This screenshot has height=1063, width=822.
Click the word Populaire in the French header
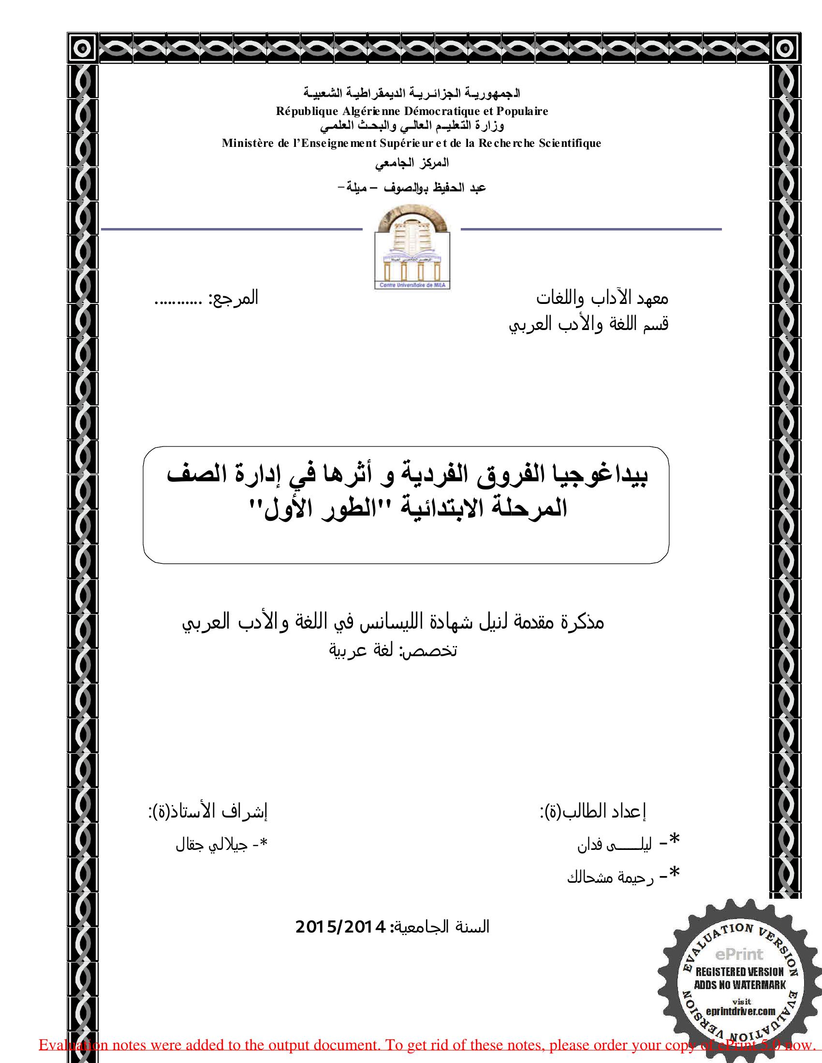pyautogui.click(x=522, y=111)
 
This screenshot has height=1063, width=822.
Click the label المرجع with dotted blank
pyautogui.click(x=206, y=298)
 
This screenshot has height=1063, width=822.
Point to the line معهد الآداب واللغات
pyautogui.click(x=602, y=298)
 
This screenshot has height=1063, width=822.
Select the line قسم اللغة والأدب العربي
pyautogui.click(x=588, y=324)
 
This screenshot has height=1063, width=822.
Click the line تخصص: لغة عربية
pyautogui.click(x=394, y=651)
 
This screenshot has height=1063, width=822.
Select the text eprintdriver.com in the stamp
pyautogui.click(x=741, y=1011)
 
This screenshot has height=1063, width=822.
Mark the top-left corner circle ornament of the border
pyautogui.click(x=83, y=48)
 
